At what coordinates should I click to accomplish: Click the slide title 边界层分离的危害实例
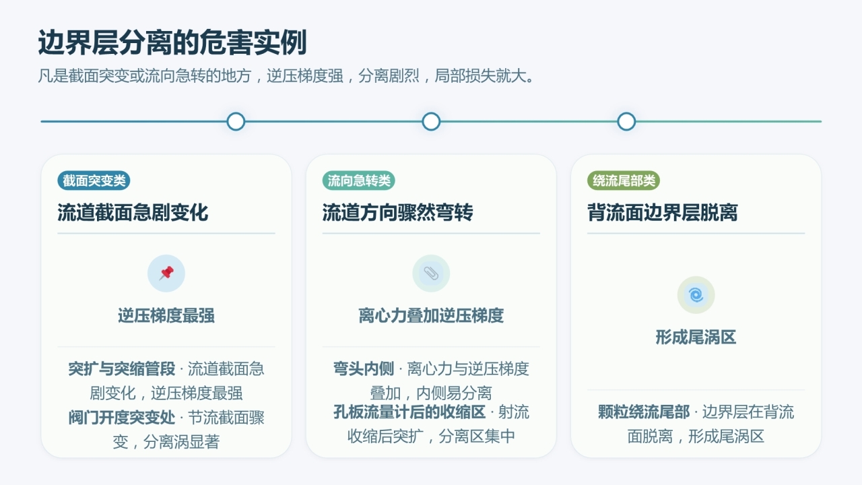tap(172, 42)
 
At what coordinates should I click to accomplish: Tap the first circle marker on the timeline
tap(236, 122)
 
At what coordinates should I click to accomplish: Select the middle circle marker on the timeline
tap(431, 122)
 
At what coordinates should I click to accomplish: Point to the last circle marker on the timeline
tap(626, 122)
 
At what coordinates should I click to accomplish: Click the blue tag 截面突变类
tap(94, 181)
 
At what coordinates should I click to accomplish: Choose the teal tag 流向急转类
tap(359, 181)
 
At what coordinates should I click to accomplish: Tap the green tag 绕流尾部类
tap(624, 181)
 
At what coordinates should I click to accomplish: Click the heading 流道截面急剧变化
tap(133, 212)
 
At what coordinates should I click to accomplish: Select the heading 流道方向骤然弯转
tap(397, 212)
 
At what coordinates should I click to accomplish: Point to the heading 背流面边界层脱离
tap(662, 212)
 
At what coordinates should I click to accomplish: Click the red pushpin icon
tap(166, 273)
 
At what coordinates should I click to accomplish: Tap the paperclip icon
tap(431, 273)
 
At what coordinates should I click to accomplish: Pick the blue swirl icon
tap(696, 295)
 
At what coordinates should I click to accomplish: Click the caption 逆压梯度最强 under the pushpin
tap(166, 316)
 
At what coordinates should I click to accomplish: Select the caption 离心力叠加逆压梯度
tap(431, 316)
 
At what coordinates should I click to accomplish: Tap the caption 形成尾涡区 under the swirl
tap(696, 337)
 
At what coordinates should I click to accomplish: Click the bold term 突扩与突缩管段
tap(122, 368)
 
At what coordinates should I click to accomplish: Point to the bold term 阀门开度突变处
tap(122, 418)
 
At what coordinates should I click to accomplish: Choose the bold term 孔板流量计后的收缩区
tap(409, 412)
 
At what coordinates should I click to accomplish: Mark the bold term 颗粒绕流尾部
tap(644, 412)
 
